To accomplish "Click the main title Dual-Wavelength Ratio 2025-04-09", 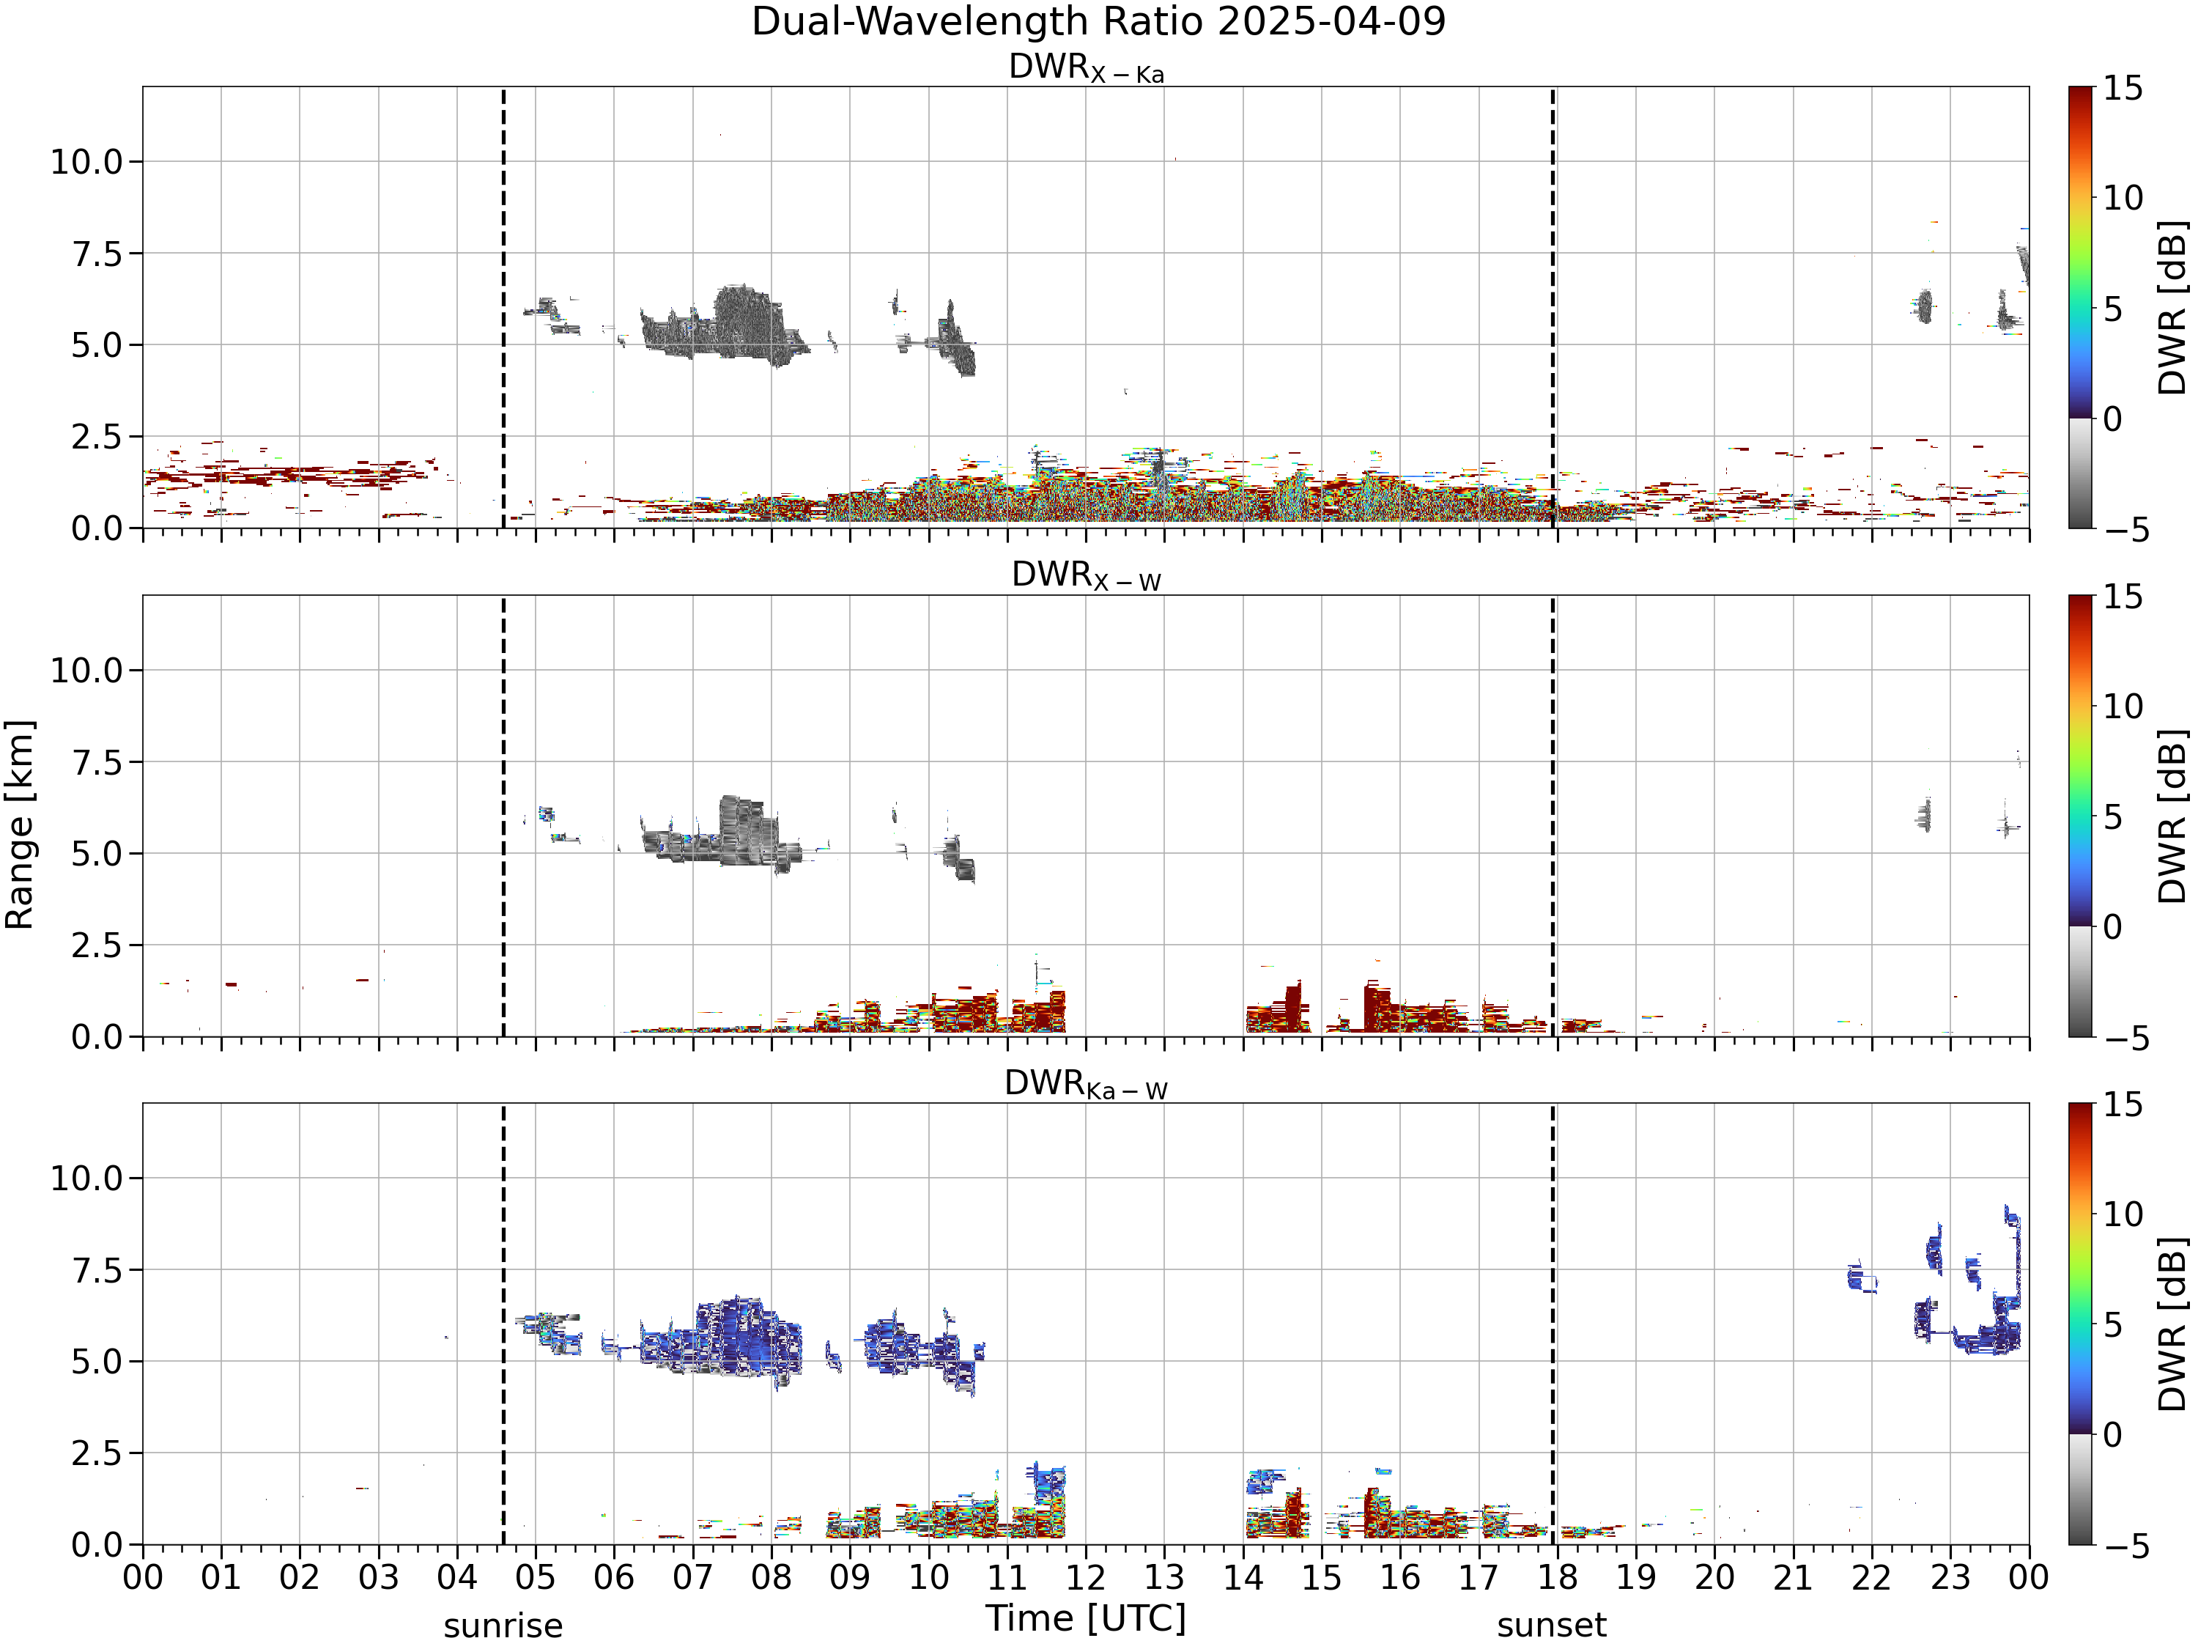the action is coord(1098,22).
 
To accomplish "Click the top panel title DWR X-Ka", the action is coord(1086,67).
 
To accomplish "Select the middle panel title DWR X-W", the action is coord(1086,575).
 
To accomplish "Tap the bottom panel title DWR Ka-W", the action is coord(1086,1083).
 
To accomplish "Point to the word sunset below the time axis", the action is coord(1551,1626).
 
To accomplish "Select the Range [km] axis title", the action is coord(20,825).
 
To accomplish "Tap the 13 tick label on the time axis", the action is coord(1165,1579).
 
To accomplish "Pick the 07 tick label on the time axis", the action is coord(692,1579).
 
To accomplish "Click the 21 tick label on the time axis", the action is coord(1794,1579).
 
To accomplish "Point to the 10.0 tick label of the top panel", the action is coord(86,162).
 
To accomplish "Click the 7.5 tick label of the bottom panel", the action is coord(97,1270).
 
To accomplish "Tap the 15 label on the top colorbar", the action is coord(2123,89).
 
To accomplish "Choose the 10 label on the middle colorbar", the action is coord(2123,707).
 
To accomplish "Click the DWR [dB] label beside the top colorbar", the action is coord(2173,308).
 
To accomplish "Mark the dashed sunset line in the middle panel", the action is coord(1553,816).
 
